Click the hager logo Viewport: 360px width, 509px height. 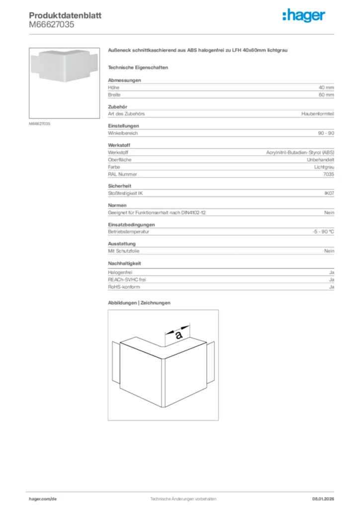[x=303, y=16]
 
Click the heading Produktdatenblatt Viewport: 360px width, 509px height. [x=65, y=15]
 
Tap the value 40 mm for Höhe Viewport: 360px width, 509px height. [x=326, y=87]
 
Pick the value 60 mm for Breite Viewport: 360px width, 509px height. [x=326, y=94]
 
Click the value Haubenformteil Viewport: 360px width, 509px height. [x=318, y=114]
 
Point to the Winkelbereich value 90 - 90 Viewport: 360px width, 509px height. [x=326, y=133]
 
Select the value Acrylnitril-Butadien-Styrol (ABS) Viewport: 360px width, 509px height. [x=300, y=153]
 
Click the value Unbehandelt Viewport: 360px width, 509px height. [x=321, y=160]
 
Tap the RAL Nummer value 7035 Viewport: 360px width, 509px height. [x=329, y=174]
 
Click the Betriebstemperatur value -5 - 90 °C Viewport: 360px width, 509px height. [x=320, y=232]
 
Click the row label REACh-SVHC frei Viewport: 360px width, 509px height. [x=127, y=280]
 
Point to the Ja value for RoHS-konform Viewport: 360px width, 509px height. [x=331, y=287]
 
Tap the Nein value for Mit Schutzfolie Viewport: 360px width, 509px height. [x=329, y=251]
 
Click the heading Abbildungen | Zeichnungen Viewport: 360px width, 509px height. [x=139, y=303]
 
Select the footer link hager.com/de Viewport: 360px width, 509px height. [x=43, y=499]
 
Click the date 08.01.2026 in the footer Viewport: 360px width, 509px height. [x=323, y=499]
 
